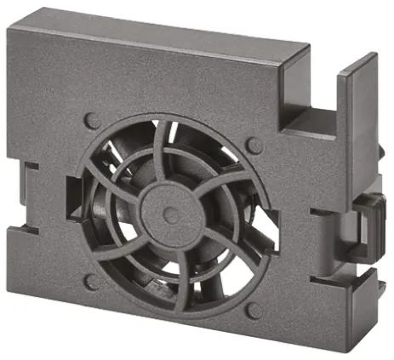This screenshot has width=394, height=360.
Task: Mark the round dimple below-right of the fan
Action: coord(253,303)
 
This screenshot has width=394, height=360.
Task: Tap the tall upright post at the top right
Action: coord(357,119)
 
